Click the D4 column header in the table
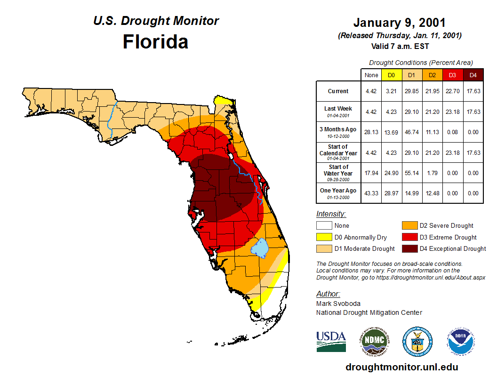pyautogui.click(x=473, y=75)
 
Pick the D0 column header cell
pyautogui.click(x=391, y=75)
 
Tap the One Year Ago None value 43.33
pyautogui.click(x=371, y=193)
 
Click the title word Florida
pyautogui.click(x=155, y=42)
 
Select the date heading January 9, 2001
pyautogui.click(x=399, y=23)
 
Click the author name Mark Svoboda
pyautogui.click(x=338, y=304)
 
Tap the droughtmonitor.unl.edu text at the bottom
pyautogui.click(x=401, y=367)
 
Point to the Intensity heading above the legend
pyautogui.click(x=331, y=214)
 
